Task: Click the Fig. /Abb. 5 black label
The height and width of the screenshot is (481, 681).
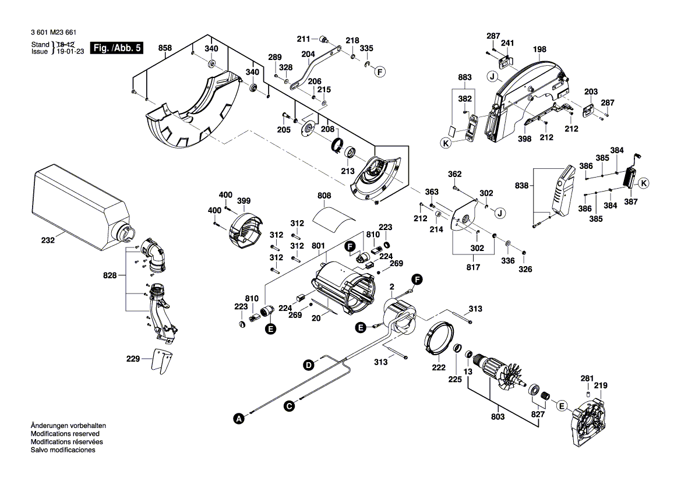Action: (117, 48)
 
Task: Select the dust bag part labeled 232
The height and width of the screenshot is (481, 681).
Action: (76, 198)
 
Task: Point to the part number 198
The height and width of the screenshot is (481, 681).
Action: (539, 49)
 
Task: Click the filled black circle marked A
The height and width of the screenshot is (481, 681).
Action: (237, 418)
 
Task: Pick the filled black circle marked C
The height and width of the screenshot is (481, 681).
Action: (289, 406)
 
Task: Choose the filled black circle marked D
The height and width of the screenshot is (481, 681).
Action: (308, 365)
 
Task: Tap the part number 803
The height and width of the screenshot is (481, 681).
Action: (497, 418)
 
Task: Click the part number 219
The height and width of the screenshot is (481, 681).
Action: (601, 385)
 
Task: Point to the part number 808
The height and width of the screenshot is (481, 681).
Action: (324, 196)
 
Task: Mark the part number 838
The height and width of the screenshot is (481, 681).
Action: (523, 186)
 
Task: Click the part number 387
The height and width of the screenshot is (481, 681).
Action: (630, 201)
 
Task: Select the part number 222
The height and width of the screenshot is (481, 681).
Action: (438, 367)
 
